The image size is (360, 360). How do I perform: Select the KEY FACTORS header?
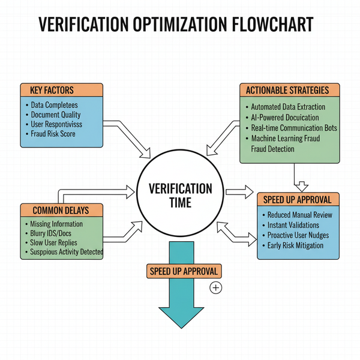click(x=52, y=91)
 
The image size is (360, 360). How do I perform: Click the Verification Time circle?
click(x=179, y=195)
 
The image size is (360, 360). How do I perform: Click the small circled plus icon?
click(x=216, y=288)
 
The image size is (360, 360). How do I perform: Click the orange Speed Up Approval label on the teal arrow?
click(x=183, y=271)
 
